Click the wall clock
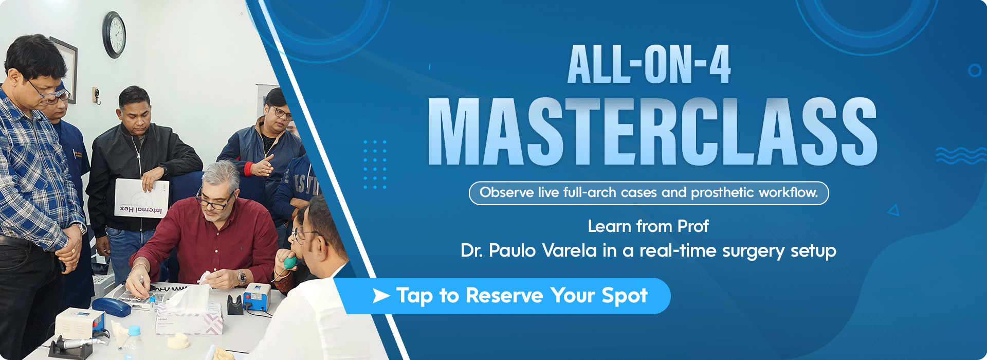coord(114,34)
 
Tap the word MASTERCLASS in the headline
coord(652,132)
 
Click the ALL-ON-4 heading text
coord(649,65)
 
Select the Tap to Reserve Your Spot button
coord(509,296)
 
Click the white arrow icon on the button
coord(381,296)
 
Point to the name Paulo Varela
coord(542,251)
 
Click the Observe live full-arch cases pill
coord(649,193)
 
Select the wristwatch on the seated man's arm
coord(241,278)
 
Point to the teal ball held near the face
coord(290,262)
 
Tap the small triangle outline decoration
coord(894,210)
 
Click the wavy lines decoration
coord(960,155)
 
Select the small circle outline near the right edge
coord(974,70)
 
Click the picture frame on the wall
coord(67,67)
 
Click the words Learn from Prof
coord(648,226)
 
